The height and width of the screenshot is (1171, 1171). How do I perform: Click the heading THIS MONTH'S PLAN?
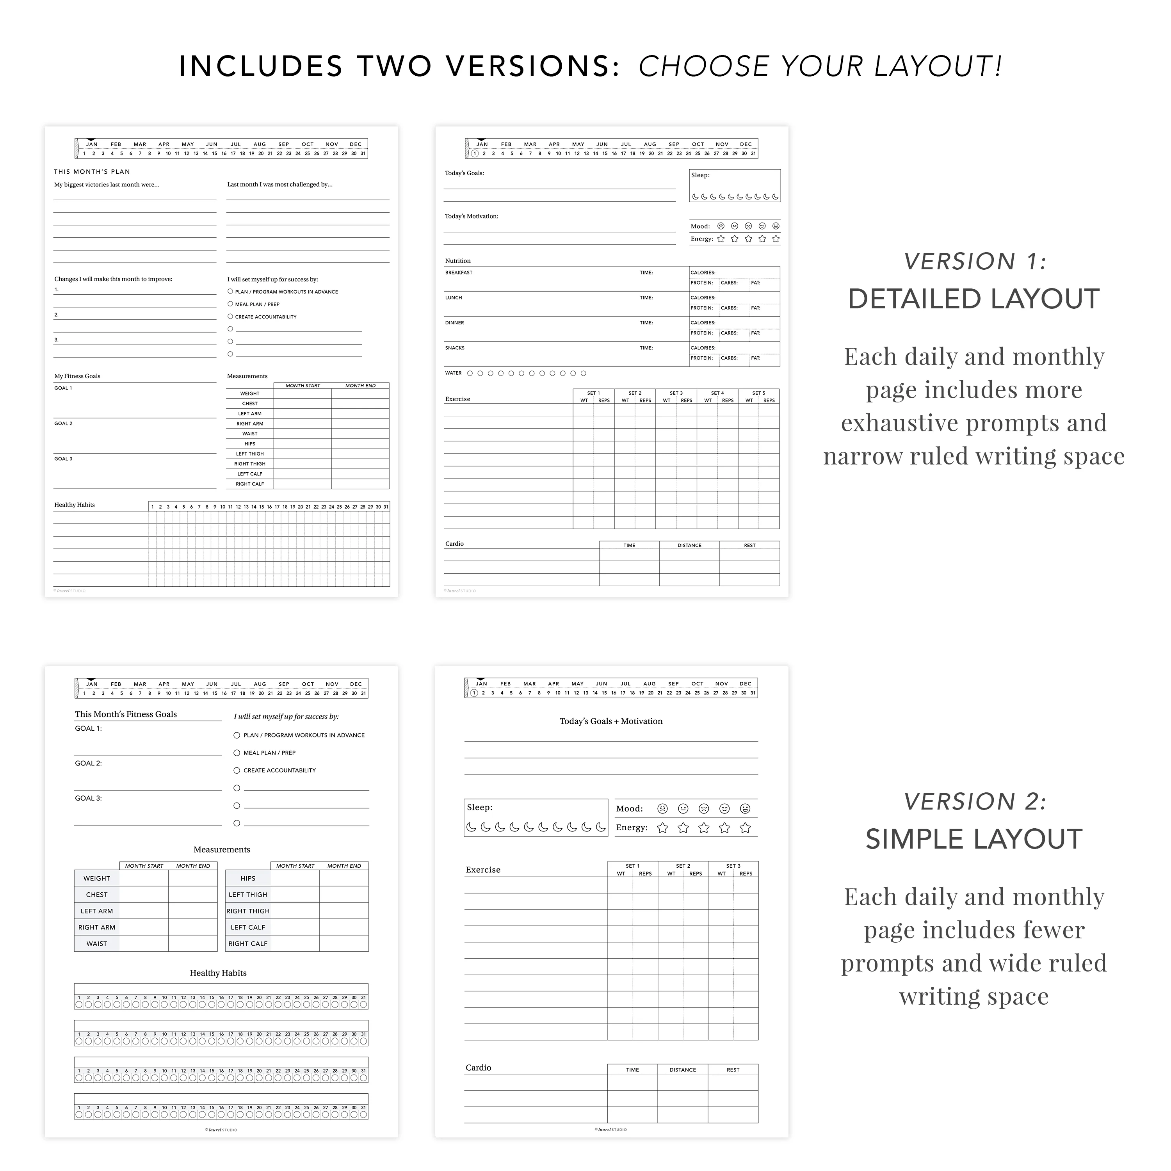pos(92,171)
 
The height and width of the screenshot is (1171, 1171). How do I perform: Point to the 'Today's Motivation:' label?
pos(472,216)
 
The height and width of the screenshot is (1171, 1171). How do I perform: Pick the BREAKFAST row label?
pos(459,273)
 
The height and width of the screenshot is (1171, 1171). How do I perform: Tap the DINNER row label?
pos(455,323)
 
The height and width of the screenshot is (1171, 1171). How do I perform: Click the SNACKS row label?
pos(455,348)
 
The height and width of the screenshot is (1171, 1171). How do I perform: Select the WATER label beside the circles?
pos(453,374)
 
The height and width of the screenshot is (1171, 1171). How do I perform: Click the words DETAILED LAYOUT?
pos(973,299)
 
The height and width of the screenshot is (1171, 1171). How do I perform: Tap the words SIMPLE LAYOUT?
pos(973,840)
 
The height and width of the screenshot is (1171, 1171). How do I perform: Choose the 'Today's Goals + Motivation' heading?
pos(611,721)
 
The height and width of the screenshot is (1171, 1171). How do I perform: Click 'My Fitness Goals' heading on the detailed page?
pos(78,376)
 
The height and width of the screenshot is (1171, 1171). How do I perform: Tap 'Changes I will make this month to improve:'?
pos(113,279)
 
